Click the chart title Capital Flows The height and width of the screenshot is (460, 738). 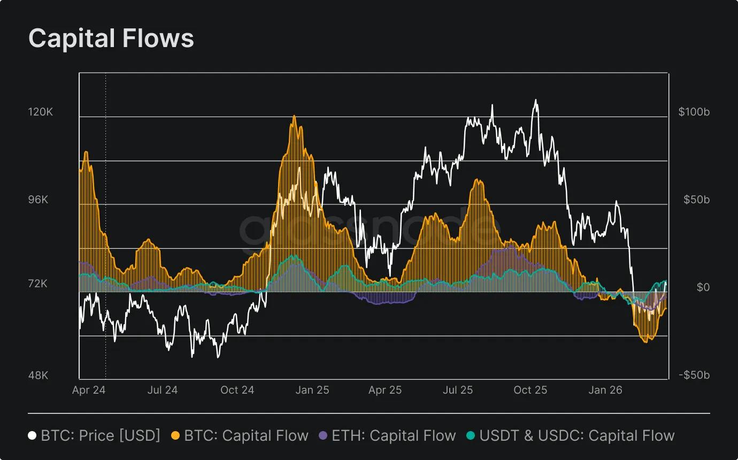pyautogui.click(x=111, y=39)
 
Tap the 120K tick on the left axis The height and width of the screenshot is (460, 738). pyautogui.click(x=41, y=112)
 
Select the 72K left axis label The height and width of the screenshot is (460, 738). pyautogui.click(x=39, y=283)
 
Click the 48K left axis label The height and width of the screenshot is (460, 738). pyautogui.click(x=39, y=375)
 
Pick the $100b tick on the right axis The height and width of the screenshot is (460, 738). pyautogui.click(x=694, y=112)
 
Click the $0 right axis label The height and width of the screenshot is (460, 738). pyautogui.click(x=703, y=287)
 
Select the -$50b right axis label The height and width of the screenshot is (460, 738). pyautogui.click(x=694, y=374)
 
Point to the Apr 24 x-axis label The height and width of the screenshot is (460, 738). pyautogui.click(x=89, y=390)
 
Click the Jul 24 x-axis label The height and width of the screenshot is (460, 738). pyautogui.click(x=162, y=390)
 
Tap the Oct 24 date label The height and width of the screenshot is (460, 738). pyautogui.click(x=237, y=390)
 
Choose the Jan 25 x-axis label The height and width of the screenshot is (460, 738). pyautogui.click(x=312, y=390)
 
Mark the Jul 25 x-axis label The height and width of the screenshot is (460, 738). pyautogui.click(x=458, y=390)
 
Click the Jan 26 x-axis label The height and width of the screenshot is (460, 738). pyautogui.click(x=605, y=390)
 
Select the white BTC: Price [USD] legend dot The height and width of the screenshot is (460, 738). pyautogui.click(x=33, y=436)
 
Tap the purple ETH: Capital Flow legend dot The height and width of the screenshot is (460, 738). pyautogui.click(x=322, y=436)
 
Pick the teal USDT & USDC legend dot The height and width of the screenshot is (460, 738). pyautogui.click(x=471, y=436)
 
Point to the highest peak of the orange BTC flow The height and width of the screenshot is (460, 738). pyautogui.click(x=294, y=116)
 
